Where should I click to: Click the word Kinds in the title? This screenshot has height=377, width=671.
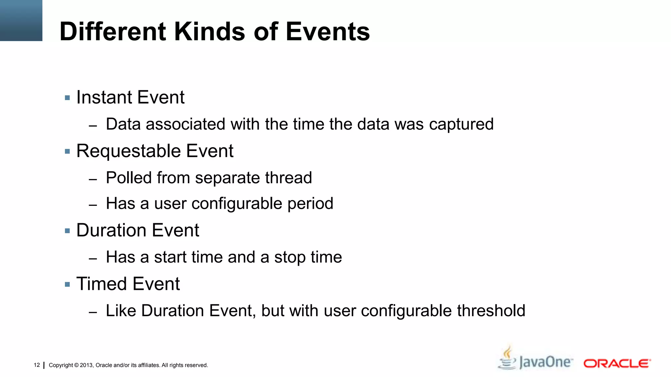tap(209, 32)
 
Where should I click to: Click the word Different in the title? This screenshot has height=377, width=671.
tap(113, 32)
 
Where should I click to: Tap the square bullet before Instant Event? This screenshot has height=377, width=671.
tap(67, 98)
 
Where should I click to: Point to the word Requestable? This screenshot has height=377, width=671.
tap(128, 151)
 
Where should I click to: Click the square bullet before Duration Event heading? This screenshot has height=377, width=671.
tap(67, 231)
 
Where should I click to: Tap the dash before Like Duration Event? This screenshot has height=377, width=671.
tap(93, 313)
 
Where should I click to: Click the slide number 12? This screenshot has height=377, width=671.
tap(37, 365)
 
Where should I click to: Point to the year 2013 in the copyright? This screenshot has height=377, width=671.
tap(86, 365)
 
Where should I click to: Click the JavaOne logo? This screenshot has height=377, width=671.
tap(546, 362)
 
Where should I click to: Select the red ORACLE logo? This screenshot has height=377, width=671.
tap(617, 364)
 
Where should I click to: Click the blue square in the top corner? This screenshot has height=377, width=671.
tap(21, 20)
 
